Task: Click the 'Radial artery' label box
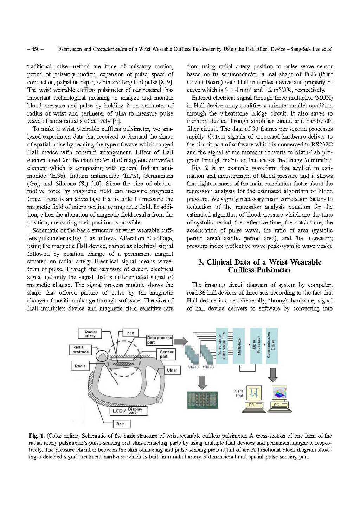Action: pyautogui.click(x=90, y=334)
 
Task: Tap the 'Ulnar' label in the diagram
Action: pyautogui.click(x=172, y=370)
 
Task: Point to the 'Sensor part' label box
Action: pyautogui.click(x=166, y=354)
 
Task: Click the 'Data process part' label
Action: pyautogui.click(x=159, y=340)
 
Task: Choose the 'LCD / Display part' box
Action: pyautogui.click(x=129, y=411)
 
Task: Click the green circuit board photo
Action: pyautogui.click(x=202, y=400)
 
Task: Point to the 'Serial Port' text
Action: pyautogui.click(x=239, y=393)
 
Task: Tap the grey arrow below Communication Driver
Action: pyautogui.click(x=273, y=375)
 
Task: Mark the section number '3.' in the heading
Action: pyautogui.click(x=201, y=262)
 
